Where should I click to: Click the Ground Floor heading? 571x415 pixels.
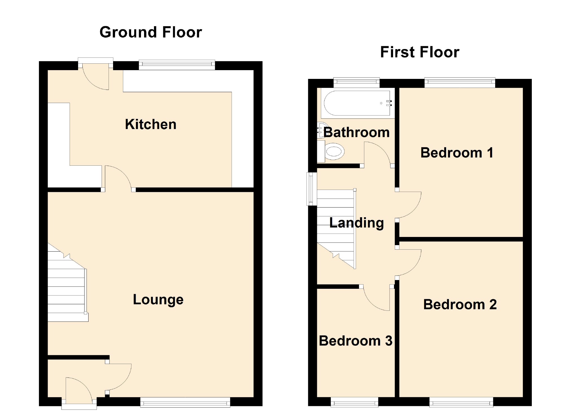(151, 32)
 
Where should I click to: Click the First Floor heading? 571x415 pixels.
(420, 52)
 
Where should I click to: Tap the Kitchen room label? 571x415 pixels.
(151, 124)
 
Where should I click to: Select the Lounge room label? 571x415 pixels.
(158, 299)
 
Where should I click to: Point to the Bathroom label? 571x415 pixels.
(356, 132)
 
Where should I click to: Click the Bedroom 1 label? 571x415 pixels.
(457, 153)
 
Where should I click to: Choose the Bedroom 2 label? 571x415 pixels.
(460, 305)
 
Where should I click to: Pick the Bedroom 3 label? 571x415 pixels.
(355, 341)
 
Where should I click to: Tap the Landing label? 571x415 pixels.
(356, 223)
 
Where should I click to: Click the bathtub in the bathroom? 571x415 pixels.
(357, 103)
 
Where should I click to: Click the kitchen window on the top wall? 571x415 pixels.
(177, 65)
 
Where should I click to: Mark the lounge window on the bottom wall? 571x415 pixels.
(185, 402)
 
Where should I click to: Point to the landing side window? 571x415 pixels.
(311, 189)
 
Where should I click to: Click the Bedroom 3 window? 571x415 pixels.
(354, 402)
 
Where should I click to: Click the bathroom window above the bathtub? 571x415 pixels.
(356, 82)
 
